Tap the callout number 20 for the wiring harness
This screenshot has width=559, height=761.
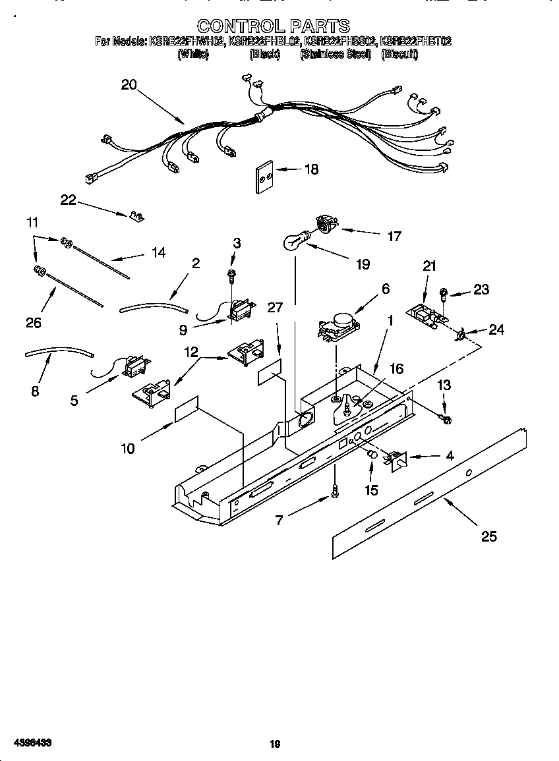coord(129,84)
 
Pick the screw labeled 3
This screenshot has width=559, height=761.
coord(232,274)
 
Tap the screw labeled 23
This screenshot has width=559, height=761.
coord(445,292)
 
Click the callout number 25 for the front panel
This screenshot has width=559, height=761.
coord(488,536)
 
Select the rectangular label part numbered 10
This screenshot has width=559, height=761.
coord(187,410)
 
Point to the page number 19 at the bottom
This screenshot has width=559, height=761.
coord(275,743)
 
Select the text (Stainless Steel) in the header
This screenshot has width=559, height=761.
coord(336,55)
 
